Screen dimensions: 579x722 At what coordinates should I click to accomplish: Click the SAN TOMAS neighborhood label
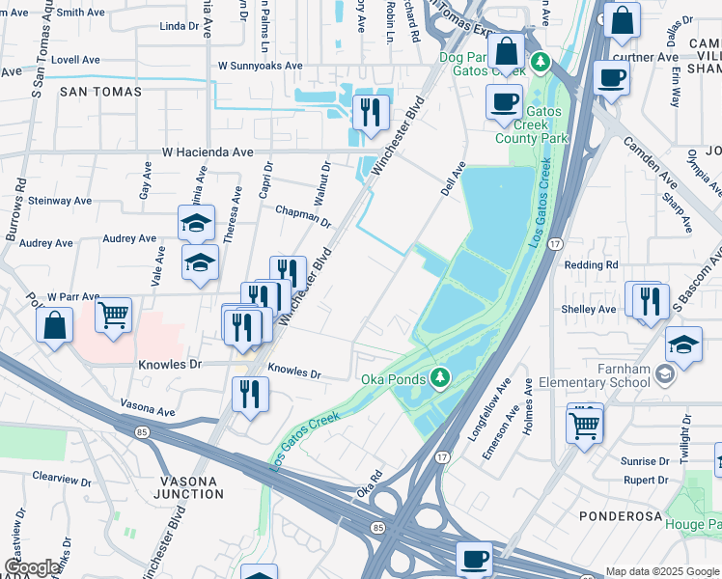pos(100,92)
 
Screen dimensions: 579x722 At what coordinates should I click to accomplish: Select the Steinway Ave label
pos(61,201)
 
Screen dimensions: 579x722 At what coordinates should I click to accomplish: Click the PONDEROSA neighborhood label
pos(621,516)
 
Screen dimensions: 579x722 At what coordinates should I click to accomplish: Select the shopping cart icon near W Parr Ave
pos(114,315)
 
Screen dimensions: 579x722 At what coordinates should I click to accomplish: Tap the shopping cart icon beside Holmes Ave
pos(584,424)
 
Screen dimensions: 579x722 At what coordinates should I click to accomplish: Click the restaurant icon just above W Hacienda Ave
pos(370,113)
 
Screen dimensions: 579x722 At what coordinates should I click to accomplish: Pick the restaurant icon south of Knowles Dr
pos(249,394)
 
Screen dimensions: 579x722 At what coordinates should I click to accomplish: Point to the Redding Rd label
pos(591,264)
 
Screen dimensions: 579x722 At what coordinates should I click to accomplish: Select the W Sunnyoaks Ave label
pos(260,67)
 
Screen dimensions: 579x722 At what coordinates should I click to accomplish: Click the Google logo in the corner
pos(32,567)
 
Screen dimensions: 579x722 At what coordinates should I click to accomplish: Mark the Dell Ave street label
pos(453,179)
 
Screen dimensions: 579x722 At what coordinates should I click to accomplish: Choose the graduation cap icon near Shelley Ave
pos(682,344)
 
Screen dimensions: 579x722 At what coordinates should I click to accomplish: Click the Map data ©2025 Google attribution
pos(662,571)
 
